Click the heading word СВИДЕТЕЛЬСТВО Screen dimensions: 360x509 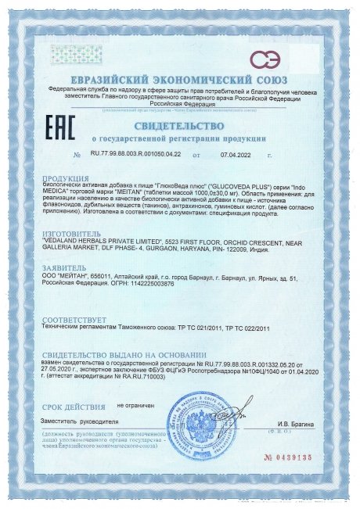178,125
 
